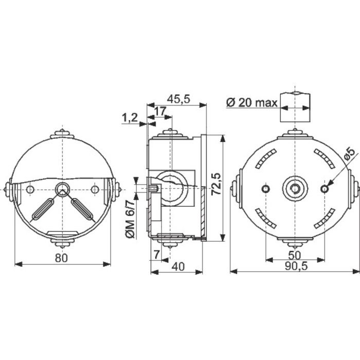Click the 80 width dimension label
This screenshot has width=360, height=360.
coord(61,258)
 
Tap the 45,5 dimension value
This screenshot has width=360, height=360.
coord(178,99)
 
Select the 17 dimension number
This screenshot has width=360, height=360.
coord(160,111)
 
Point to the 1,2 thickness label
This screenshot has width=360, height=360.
coord(130,118)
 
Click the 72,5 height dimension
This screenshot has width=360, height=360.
coord(216,184)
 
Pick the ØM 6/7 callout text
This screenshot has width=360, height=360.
coord(130,219)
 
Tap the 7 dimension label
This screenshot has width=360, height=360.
coord(156,255)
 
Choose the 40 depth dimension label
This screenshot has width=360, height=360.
coord(178,266)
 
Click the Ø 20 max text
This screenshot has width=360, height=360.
coord(252,103)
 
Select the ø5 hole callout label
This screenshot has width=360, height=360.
coord(350,154)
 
